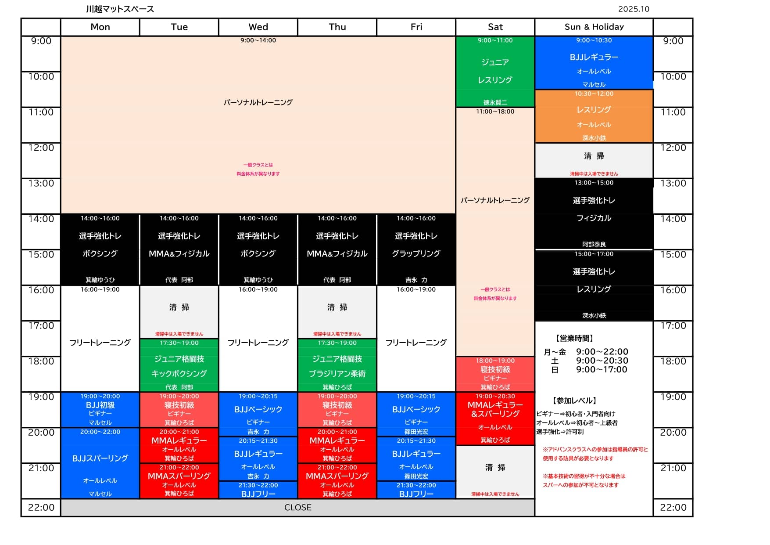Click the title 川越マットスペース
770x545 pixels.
[x=120, y=9]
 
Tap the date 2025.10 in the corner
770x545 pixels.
[x=633, y=9]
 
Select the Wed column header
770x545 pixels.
[x=258, y=27]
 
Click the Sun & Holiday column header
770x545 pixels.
[x=594, y=27]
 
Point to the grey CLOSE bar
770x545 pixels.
[x=297, y=508]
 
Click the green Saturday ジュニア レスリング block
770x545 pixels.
[x=495, y=71]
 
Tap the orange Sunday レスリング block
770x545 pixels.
[x=594, y=116]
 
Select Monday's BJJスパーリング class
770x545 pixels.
[x=100, y=463]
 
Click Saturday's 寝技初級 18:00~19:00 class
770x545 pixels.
[x=495, y=374]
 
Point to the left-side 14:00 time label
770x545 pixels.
[x=41, y=219]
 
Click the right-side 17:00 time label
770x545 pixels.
[x=673, y=326]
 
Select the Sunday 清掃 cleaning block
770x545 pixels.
[x=594, y=160]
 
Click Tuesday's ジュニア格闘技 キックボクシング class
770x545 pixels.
[x=179, y=365]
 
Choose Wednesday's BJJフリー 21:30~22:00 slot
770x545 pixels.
[x=258, y=490]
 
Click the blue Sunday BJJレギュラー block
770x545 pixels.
[x=594, y=62]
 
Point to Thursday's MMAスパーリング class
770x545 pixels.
[x=337, y=481]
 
